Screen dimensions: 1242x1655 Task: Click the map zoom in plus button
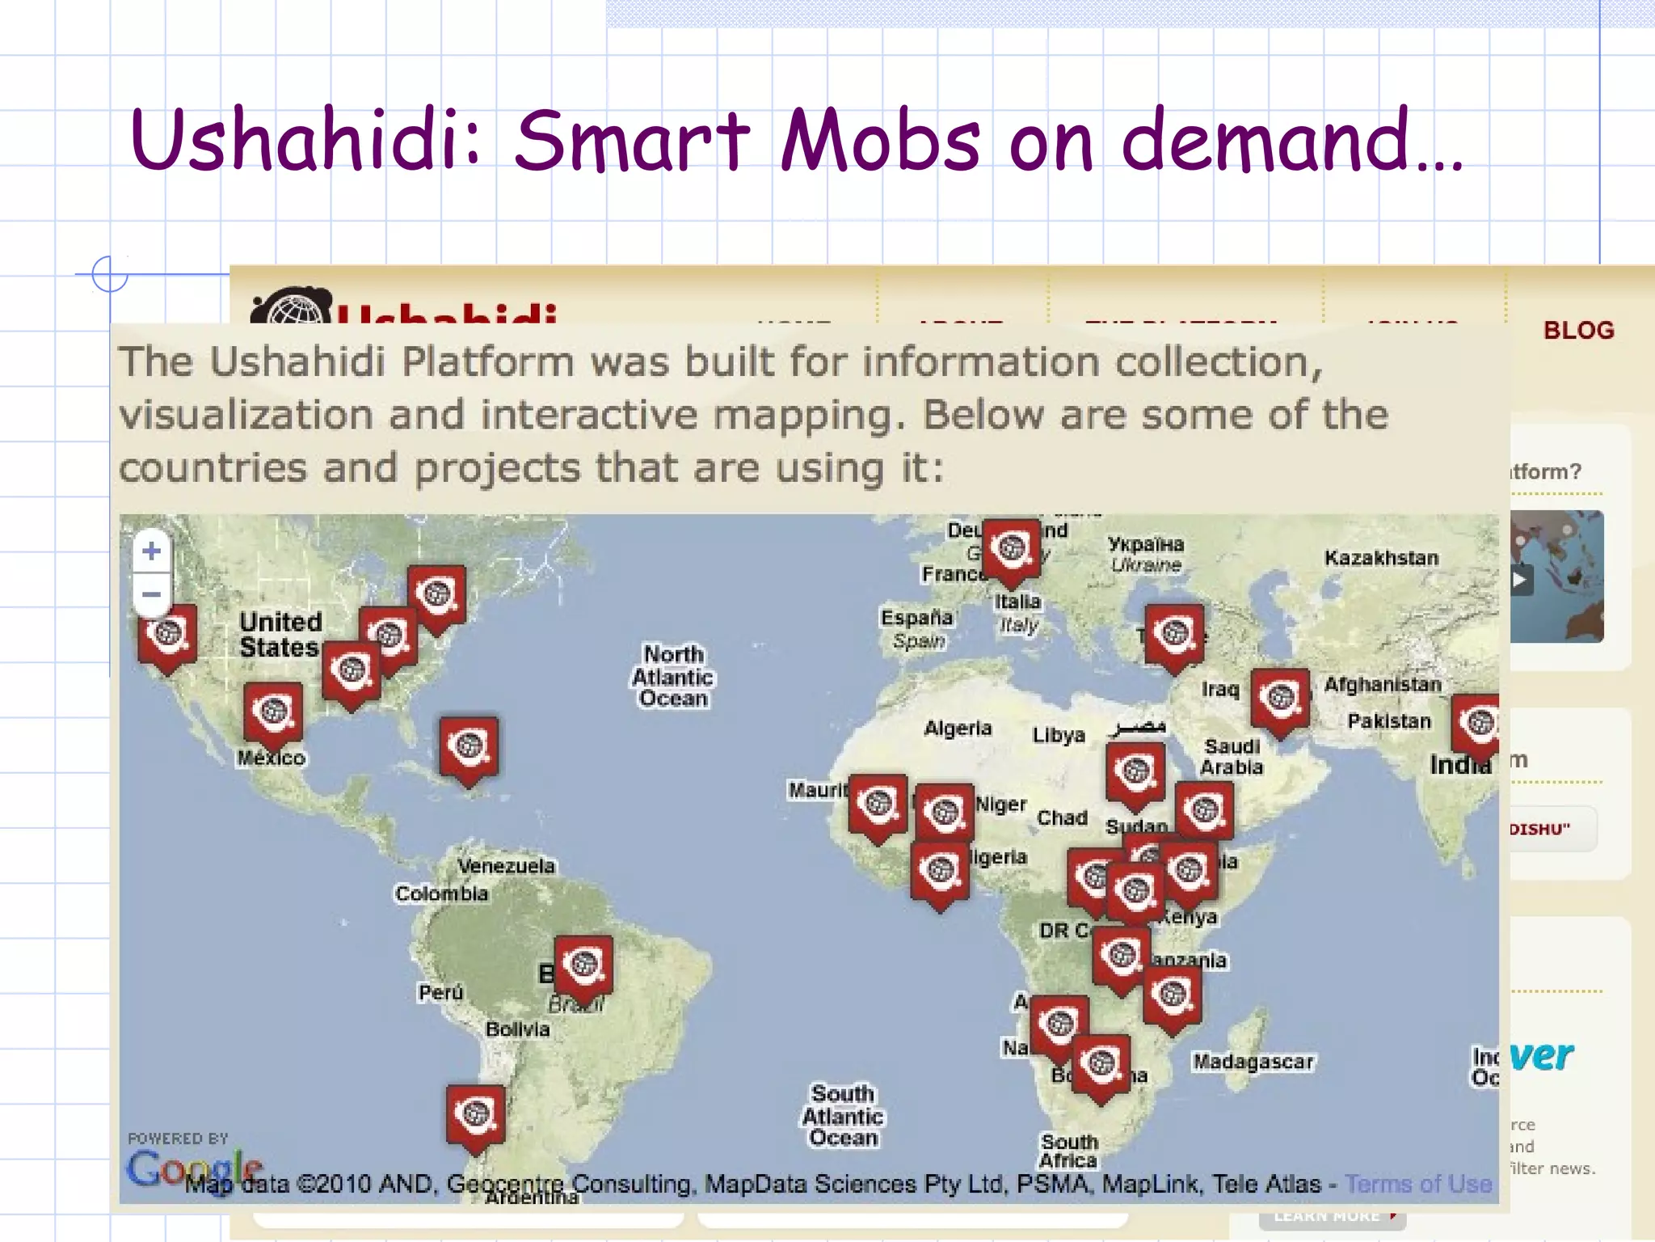[x=151, y=551]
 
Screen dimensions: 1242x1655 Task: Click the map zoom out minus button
[x=151, y=595]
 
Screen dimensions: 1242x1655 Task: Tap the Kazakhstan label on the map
[x=1381, y=558]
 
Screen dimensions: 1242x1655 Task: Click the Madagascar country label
[x=1253, y=1062]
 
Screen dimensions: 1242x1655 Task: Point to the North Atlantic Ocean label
[x=673, y=676]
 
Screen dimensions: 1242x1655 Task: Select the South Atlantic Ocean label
[x=843, y=1116]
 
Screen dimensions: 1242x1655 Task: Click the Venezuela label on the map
[x=506, y=866]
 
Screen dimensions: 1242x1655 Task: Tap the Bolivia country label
[x=517, y=1029]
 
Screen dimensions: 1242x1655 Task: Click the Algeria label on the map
[x=958, y=729]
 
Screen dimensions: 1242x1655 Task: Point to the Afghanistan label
[x=1382, y=685]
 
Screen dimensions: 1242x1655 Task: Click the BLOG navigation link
[x=1578, y=330]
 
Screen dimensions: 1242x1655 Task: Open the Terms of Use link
[x=1418, y=1184]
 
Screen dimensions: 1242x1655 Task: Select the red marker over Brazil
[x=583, y=966]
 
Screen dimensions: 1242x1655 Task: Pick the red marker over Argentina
[x=475, y=1116]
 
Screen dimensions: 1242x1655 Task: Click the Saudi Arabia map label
[x=1231, y=756]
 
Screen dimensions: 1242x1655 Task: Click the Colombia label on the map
[x=441, y=893]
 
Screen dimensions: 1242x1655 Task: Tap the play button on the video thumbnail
[x=1520, y=580]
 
